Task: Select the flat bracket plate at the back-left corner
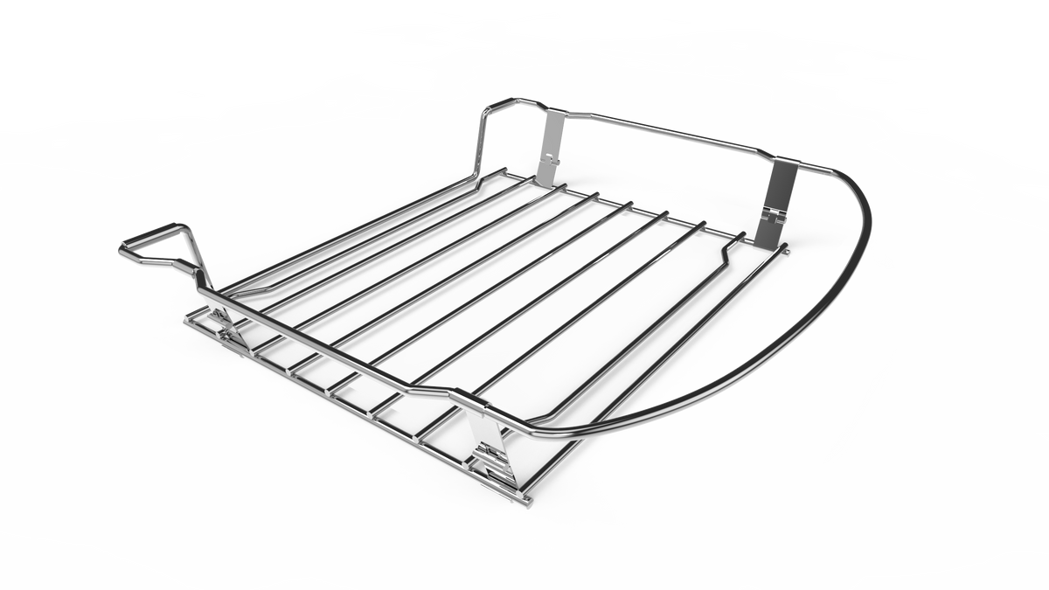tap(551, 144)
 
